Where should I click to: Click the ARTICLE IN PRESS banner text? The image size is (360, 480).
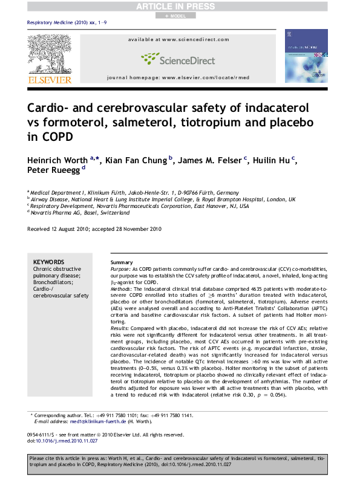179,6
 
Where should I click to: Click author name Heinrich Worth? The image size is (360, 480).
57,160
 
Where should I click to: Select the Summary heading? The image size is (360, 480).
113,262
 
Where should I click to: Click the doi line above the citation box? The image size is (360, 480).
57,440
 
